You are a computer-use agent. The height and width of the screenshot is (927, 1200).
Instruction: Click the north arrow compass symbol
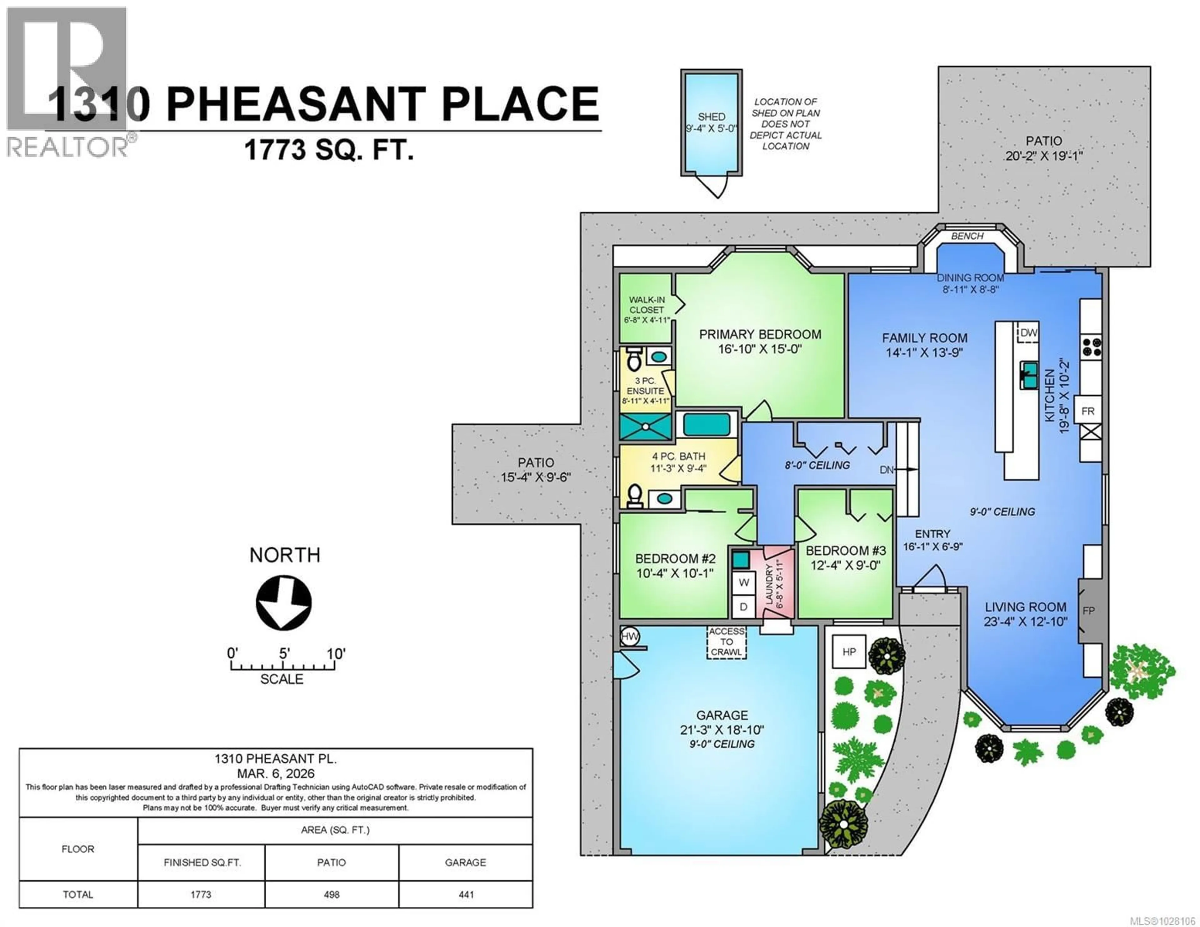pyautogui.click(x=283, y=603)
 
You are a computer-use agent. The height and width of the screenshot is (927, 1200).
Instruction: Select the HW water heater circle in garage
pyautogui.click(x=630, y=637)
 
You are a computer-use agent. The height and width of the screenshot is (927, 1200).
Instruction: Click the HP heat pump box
pyautogui.click(x=849, y=652)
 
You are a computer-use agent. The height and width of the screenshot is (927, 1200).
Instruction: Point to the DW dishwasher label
pyautogui.click(x=1028, y=332)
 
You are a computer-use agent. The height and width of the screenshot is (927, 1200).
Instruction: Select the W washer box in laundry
pyautogui.click(x=743, y=582)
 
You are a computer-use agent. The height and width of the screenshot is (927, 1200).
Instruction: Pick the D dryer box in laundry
pyautogui.click(x=743, y=607)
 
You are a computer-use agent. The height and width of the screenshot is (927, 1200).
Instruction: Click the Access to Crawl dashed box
pyautogui.click(x=726, y=642)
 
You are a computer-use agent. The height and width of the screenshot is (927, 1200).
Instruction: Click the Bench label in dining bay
pyautogui.click(x=967, y=236)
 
